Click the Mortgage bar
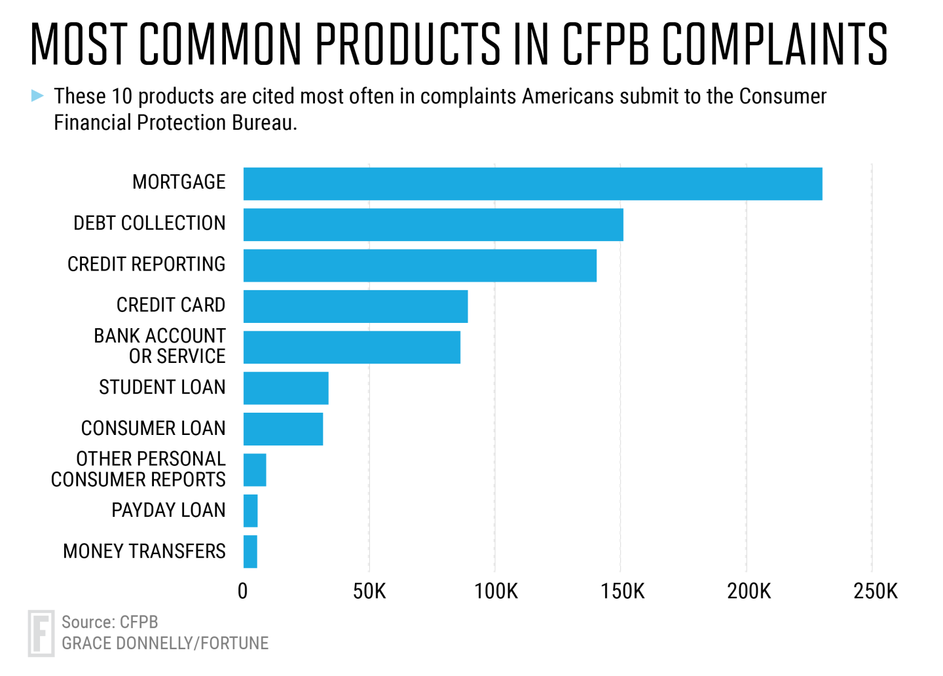pyautogui.click(x=532, y=183)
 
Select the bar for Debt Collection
pyautogui.click(x=433, y=225)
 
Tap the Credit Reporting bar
pyautogui.click(x=420, y=265)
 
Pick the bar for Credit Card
pyautogui.click(x=356, y=307)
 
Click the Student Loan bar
pyautogui.click(x=286, y=388)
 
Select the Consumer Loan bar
pyautogui.click(x=283, y=429)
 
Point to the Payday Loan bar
pyautogui.click(x=250, y=511)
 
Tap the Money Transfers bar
pyautogui.click(x=250, y=552)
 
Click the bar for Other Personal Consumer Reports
pyautogui.click(x=255, y=470)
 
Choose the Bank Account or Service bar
pyautogui.click(x=352, y=347)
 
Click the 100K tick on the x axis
pyautogui.click(x=496, y=591)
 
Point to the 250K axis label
pyautogui.click(x=875, y=591)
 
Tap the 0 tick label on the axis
pyautogui.click(x=243, y=591)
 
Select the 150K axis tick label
pyautogui.click(x=622, y=591)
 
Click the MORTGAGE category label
pyautogui.click(x=179, y=182)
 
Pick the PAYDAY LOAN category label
pyautogui.click(x=168, y=510)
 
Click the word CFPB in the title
pyautogui.click(x=605, y=45)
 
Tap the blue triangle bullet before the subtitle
pyautogui.click(x=37, y=96)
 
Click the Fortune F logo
pyautogui.click(x=41, y=633)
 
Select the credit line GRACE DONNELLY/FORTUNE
pyautogui.click(x=165, y=643)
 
